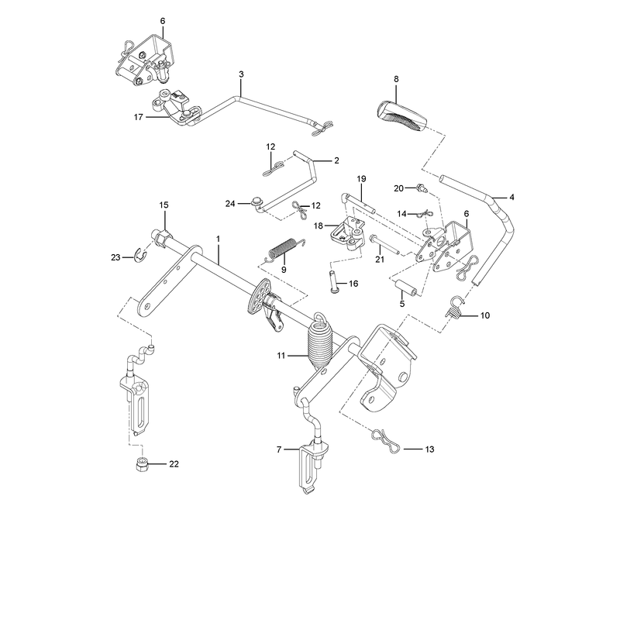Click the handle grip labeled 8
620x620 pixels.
click(x=401, y=115)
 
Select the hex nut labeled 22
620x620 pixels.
click(x=143, y=464)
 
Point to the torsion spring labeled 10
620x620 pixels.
click(x=455, y=307)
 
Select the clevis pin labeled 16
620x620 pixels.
click(x=333, y=281)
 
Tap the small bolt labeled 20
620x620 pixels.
click(x=422, y=188)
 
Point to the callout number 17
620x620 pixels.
click(x=139, y=117)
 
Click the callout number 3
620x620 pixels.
click(x=241, y=74)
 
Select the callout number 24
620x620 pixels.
click(x=230, y=204)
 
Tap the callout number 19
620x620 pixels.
click(x=361, y=179)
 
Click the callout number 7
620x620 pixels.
click(x=279, y=449)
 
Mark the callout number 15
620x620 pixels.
click(x=164, y=205)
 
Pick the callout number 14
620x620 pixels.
click(x=401, y=214)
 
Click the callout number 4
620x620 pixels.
click(x=512, y=197)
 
